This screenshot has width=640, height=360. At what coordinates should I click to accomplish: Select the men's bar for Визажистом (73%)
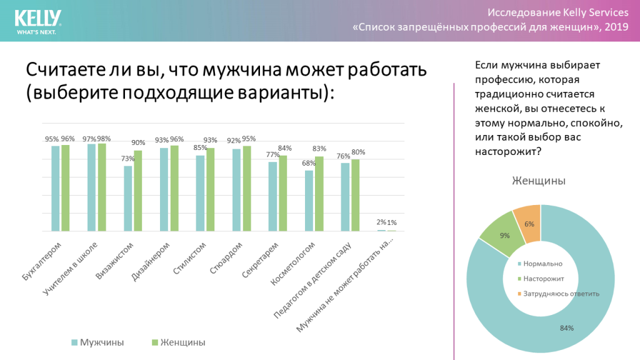127,198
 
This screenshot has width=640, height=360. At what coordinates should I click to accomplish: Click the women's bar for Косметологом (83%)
319,194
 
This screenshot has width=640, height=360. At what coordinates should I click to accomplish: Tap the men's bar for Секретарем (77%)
272,196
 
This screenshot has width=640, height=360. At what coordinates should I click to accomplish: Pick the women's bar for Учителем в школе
102,187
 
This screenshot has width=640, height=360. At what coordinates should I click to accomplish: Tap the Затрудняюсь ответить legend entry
559,293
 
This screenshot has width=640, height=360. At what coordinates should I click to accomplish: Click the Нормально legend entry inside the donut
544,263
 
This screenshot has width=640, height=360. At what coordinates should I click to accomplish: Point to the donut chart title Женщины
539,181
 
